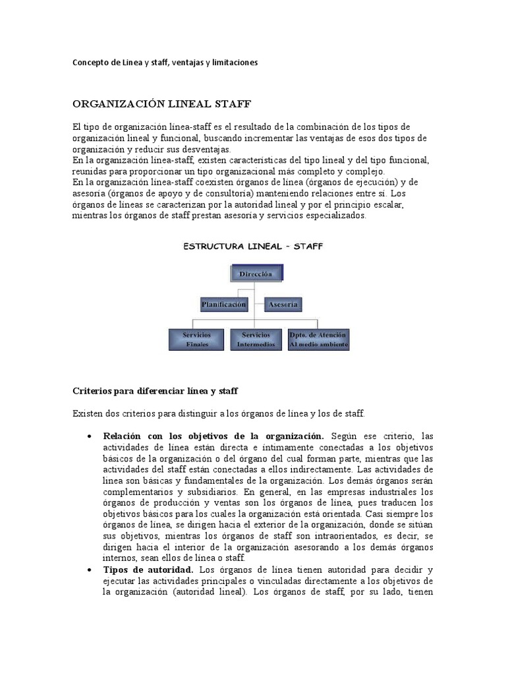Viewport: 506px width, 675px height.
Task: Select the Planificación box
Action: [224, 305]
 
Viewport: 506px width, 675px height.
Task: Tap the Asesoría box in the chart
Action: [284, 305]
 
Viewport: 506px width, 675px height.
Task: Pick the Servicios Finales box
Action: [197, 339]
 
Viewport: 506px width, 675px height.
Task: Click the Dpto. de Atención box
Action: [319, 339]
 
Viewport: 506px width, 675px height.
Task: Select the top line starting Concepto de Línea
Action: [164, 63]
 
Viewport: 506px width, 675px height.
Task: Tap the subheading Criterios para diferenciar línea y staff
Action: [154, 391]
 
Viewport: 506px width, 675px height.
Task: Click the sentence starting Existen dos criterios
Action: [218, 413]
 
